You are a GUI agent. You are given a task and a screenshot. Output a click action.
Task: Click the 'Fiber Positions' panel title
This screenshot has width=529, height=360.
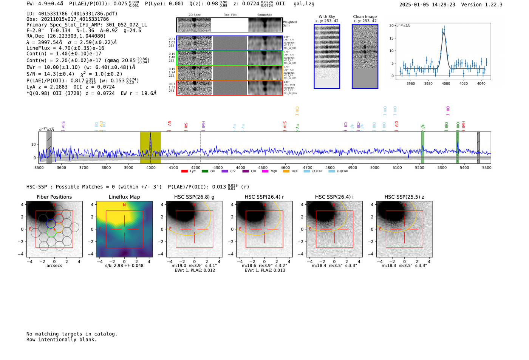(54, 197)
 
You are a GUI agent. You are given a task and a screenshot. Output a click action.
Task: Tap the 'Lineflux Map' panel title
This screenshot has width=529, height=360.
(124, 197)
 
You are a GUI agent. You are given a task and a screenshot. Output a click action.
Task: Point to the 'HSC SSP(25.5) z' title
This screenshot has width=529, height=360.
(404, 197)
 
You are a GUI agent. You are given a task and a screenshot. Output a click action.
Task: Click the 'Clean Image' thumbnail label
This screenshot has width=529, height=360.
(365, 17)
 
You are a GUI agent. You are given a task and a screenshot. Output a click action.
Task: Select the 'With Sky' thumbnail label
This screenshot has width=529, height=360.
(326, 17)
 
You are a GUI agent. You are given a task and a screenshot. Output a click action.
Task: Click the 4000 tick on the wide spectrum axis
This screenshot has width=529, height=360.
(151, 167)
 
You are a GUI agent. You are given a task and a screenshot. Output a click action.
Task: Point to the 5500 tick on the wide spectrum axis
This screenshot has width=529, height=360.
(486, 167)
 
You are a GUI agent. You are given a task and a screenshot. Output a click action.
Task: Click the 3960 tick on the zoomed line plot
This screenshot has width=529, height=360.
(410, 83)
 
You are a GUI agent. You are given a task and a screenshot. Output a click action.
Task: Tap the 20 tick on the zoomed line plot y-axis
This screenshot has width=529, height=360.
(391, 26)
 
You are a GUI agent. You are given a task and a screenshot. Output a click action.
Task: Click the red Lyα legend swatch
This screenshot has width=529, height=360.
(184, 171)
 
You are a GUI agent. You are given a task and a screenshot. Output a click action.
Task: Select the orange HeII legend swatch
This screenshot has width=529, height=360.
(286, 171)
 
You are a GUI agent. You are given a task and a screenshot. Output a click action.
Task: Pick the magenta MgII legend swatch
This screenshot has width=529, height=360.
(265, 171)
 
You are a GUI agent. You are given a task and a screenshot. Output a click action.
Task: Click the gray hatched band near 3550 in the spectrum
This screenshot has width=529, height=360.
(49, 147)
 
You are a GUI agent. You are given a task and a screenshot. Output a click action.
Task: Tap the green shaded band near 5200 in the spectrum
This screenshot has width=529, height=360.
(422, 147)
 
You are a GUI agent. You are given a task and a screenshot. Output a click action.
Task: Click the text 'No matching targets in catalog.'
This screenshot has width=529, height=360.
(72, 334)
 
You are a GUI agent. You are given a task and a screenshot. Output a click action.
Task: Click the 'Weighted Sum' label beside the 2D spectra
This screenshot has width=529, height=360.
(290, 24)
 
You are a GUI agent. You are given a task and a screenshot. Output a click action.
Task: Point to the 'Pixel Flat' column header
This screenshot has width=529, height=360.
(230, 15)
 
